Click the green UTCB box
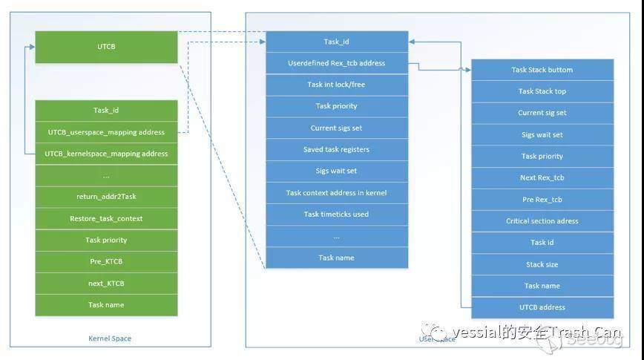point(106,47)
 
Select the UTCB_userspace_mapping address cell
point(106,132)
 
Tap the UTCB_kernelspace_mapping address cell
point(106,154)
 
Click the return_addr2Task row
point(106,197)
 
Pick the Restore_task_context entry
point(106,218)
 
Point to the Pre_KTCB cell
point(106,261)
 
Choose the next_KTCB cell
point(106,284)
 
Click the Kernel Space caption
point(110,338)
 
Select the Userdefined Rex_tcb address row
point(336,63)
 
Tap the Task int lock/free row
point(336,85)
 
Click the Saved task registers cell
point(336,149)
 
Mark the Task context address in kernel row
point(336,193)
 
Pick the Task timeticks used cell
point(336,215)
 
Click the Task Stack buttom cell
point(542,70)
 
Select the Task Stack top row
point(542,91)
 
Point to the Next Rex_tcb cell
point(542,178)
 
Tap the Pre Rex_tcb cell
point(542,200)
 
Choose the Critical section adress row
point(542,221)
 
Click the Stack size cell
point(542,264)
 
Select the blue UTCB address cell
point(542,307)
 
